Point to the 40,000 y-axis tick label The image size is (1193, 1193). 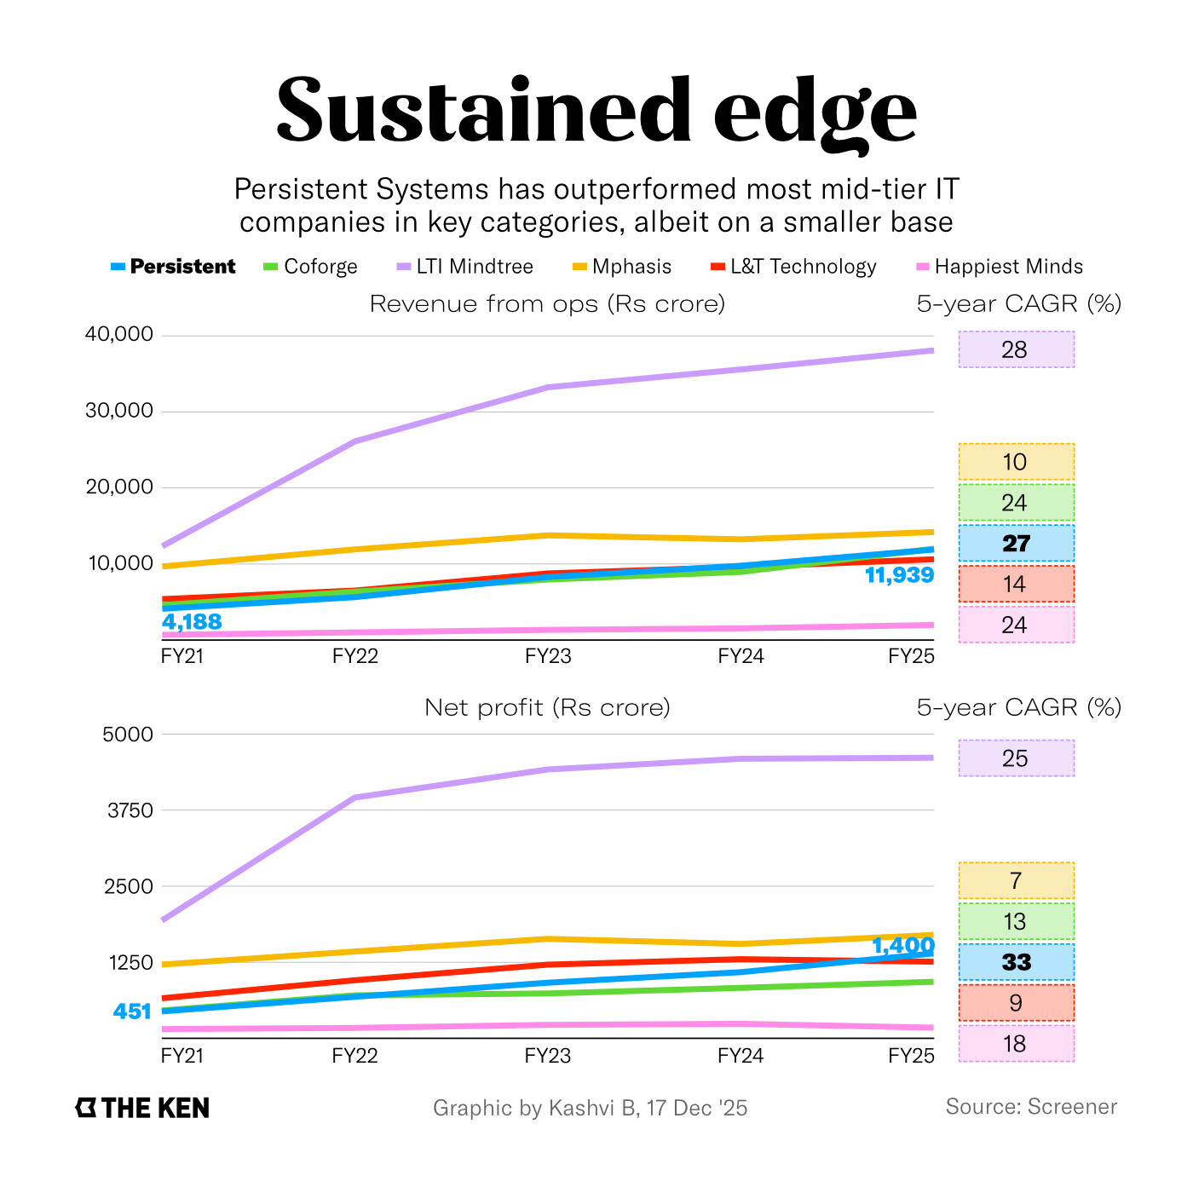click(118, 334)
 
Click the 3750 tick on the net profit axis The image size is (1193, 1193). click(130, 810)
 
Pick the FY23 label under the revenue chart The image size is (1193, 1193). click(548, 656)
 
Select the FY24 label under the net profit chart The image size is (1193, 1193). click(741, 1056)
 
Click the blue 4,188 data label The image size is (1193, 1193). click(192, 622)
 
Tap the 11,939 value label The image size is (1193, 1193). click(899, 576)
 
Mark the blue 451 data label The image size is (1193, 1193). click(132, 1011)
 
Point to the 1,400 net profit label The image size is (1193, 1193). click(902, 946)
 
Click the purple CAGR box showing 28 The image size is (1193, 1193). click(1016, 349)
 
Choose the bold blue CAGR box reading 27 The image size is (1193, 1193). click(1016, 544)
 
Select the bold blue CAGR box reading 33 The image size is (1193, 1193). click(1016, 962)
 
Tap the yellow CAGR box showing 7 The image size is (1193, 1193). click(1016, 880)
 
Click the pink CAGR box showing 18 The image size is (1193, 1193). click(1016, 1044)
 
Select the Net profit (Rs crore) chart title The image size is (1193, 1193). click(547, 707)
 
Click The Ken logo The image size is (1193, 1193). click(142, 1108)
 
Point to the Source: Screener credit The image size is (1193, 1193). click(1030, 1107)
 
